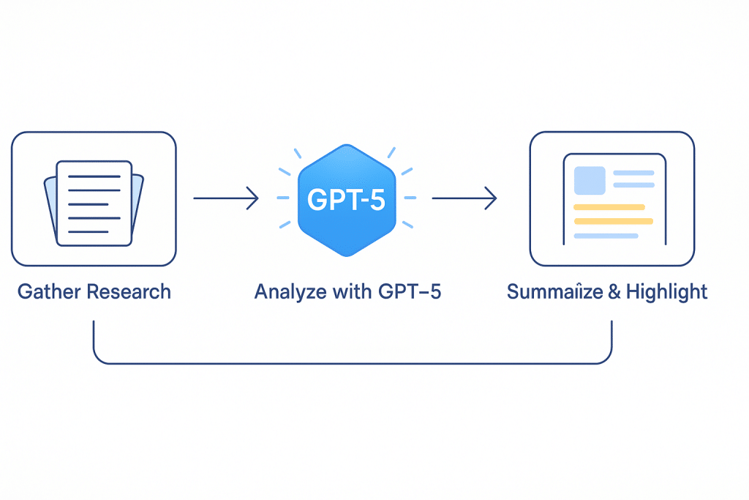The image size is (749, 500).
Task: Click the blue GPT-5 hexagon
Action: point(346,198)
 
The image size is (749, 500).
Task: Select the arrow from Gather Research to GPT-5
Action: point(226,198)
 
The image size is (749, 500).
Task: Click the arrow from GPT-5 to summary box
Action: point(464,198)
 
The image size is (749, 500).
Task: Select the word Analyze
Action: point(285,292)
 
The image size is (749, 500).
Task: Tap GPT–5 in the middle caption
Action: point(410,292)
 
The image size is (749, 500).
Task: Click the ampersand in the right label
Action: point(614,292)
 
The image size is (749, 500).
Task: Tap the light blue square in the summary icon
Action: point(590,180)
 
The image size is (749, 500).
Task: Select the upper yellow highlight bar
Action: point(609,207)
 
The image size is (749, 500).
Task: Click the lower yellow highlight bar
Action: point(613,221)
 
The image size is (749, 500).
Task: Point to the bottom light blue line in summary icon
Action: point(606,236)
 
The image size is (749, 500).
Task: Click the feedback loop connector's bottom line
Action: point(351,363)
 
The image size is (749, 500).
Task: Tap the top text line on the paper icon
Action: point(94,176)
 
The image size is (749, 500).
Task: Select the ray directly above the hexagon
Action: point(346,136)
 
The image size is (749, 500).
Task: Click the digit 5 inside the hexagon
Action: point(376,199)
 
